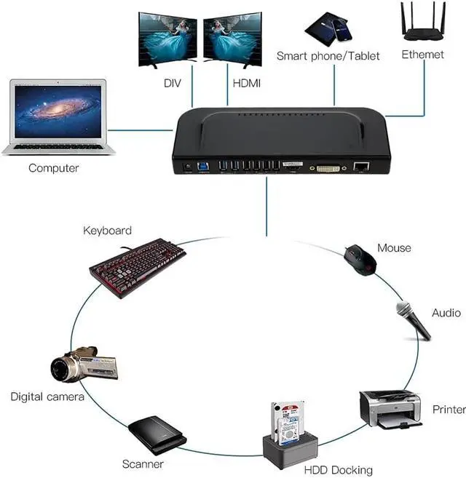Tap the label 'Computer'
pyautogui.click(x=53, y=168)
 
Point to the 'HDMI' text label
pyautogui.click(x=246, y=84)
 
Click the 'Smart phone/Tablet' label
pyautogui.click(x=328, y=56)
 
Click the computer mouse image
pyautogui.click(x=360, y=259)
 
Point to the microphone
pyautogui.click(x=413, y=321)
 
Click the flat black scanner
pyautogui.click(x=157, y=434)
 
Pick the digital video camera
pyautogui.click(x=84, y=364)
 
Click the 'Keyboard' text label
pyautogui.click(x=107, y=231)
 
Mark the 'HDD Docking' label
pyautogui.click(x=338, y=470)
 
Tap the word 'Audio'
pyautogui.click(x=446, y=313)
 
